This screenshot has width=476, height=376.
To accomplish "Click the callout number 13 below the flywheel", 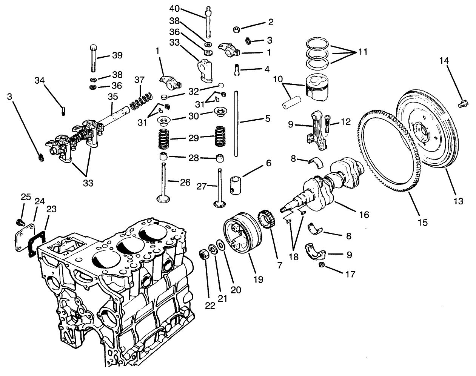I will click(458, 201).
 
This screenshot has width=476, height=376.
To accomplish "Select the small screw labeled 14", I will click(462, 103).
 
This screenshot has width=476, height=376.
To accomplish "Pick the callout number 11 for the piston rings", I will click(362, 52).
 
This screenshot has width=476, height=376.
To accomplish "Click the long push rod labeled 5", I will click(236, 124).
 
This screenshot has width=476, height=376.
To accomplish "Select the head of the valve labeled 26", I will click(164, 198).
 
